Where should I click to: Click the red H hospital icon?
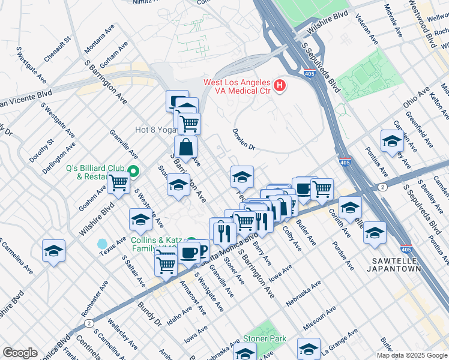[x=279, y=86]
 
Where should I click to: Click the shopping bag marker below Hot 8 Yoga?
[x=186, y=147]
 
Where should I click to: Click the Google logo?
[x=20, y=353]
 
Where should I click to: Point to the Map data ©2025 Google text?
[x=412, y=355]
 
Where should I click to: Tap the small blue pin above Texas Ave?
[x=102, y=244]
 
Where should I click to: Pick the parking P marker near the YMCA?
[x=202, y=250]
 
